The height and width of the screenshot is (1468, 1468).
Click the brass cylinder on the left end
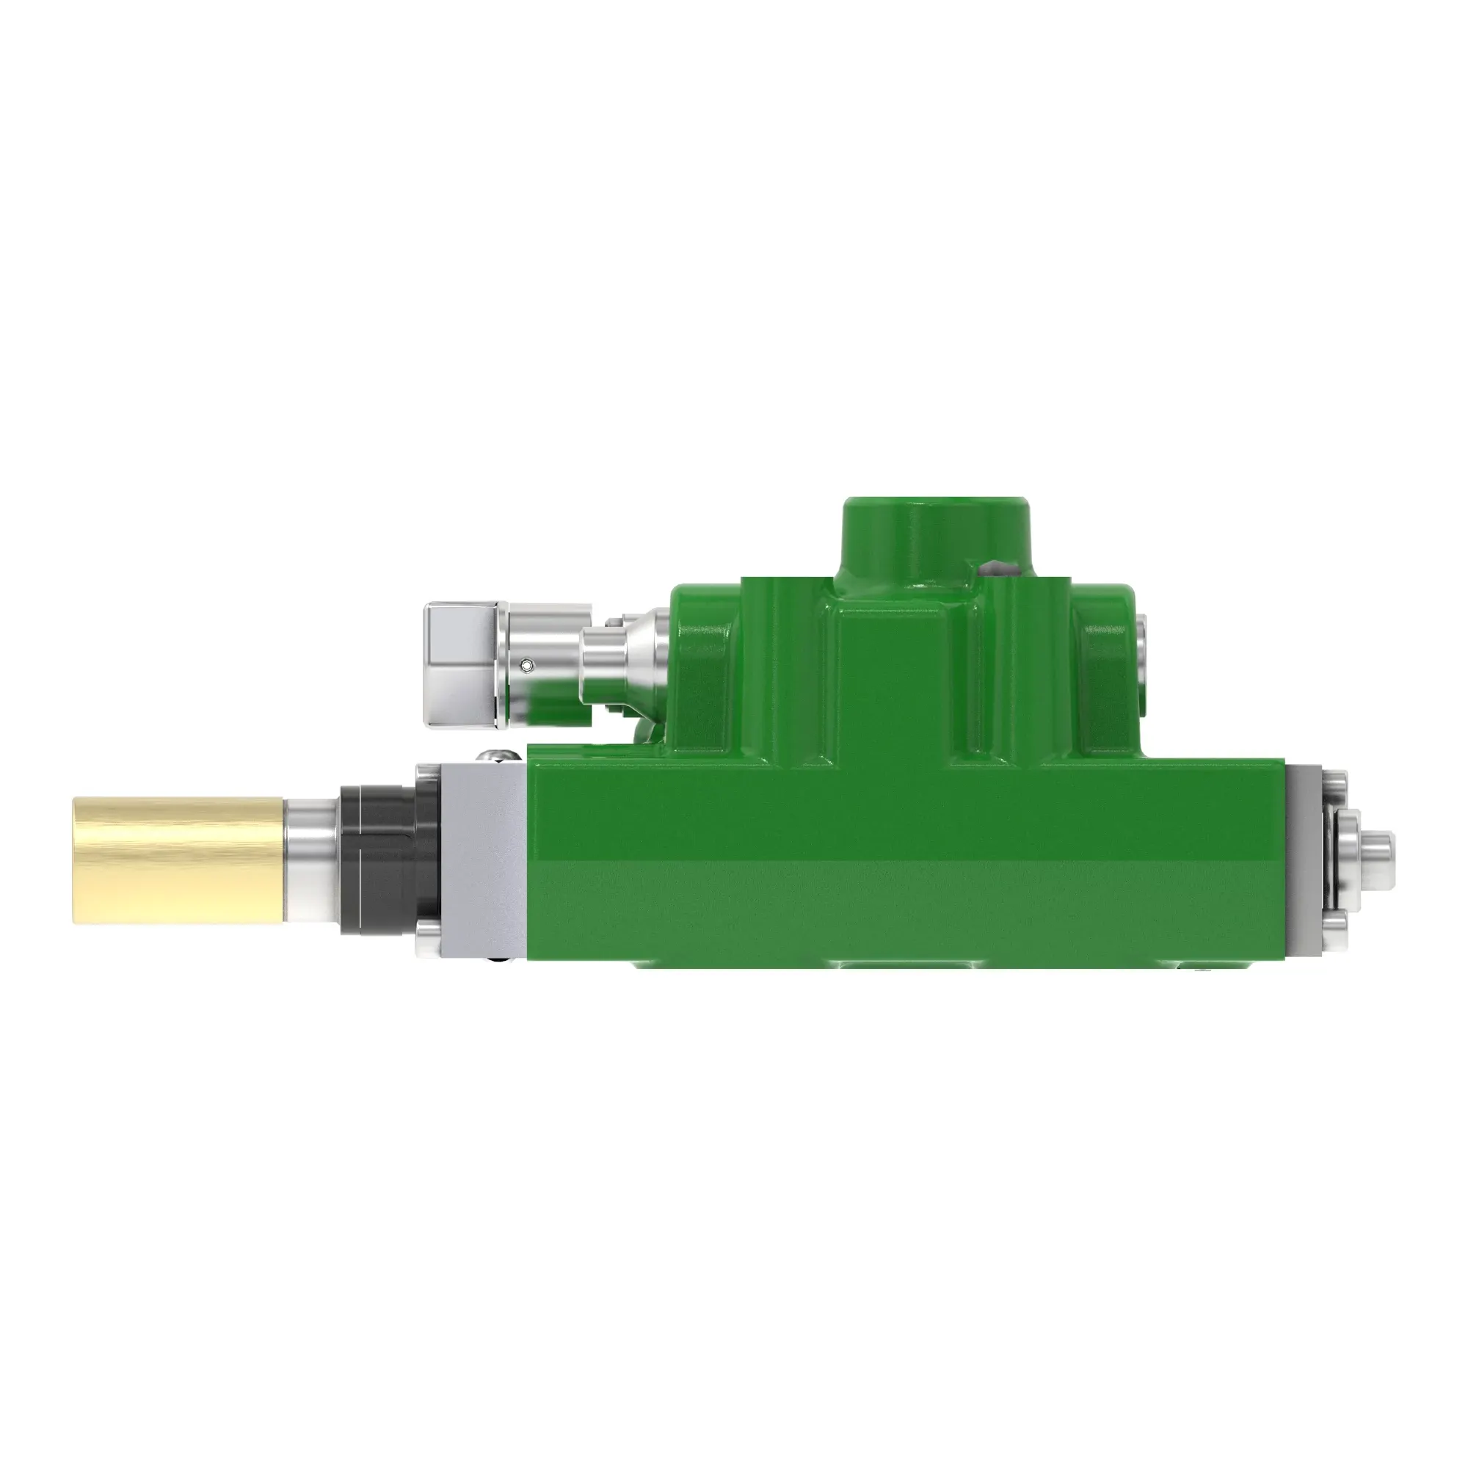click(x=178, y=860)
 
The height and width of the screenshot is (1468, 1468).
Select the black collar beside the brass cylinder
click(x=377, y=859)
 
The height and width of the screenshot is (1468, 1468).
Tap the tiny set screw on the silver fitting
click(x=527, y=666)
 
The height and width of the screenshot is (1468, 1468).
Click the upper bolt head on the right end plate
click(x=1335, y=782)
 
